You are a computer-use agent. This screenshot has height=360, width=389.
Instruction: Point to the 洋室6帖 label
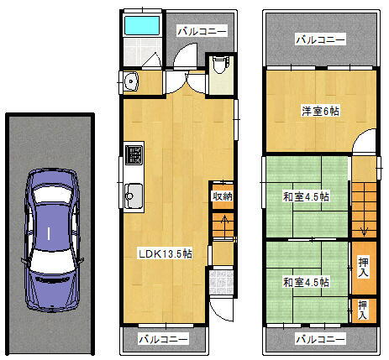tap(320, 111)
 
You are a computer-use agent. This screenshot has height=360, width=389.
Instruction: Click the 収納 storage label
tap(222, 196)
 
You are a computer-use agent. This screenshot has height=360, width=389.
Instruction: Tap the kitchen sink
tap(134, 198)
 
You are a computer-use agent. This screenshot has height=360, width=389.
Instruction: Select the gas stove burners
tap(134, 155)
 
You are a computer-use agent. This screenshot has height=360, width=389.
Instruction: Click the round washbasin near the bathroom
tap(130, 81)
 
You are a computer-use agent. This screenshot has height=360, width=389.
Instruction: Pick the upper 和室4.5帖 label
tap(306, 197)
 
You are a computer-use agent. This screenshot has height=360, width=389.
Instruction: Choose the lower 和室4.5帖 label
tap(306, 281)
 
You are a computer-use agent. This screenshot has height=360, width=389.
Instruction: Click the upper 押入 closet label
tap(363, 268)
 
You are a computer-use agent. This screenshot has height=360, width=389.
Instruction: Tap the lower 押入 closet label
tap(363, 310)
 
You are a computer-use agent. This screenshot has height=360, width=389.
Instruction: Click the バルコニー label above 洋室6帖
tap(320, 39)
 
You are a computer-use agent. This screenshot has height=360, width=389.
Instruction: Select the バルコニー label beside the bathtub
tap(202, 31)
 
